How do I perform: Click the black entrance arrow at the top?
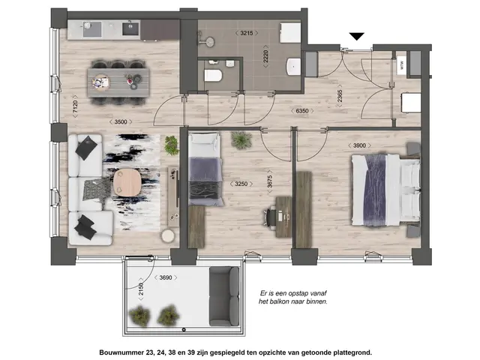[x=358, y=36]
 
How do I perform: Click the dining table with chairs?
[x=117, y=78]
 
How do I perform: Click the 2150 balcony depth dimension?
[x=139, y=289]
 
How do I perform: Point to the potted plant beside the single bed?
[x=241, y=140]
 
